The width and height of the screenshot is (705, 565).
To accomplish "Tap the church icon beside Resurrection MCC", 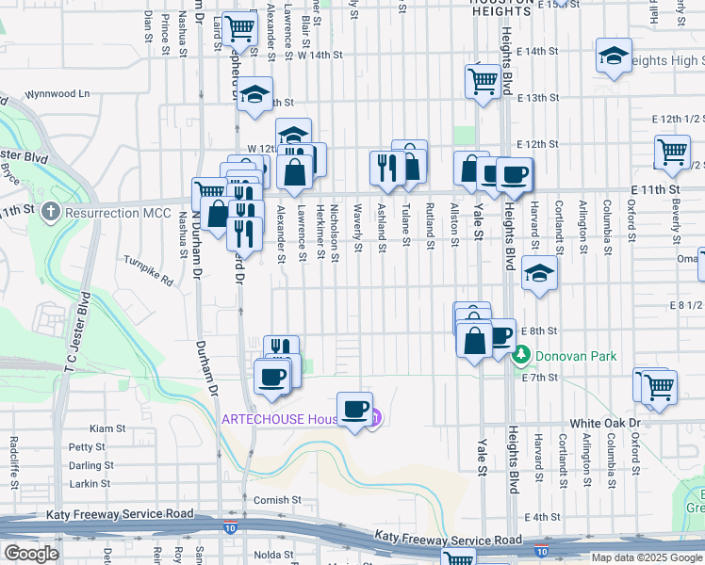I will click(51, 213).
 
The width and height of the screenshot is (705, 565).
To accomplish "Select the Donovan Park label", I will click(576, 356).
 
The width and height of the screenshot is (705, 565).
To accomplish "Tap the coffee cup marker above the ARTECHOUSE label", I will click(355, 409).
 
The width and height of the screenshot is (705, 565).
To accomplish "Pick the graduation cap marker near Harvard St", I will click(538, 274).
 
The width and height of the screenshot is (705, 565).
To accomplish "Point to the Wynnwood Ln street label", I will click(57, 94).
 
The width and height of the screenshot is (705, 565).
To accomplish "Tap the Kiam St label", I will click(108, 428).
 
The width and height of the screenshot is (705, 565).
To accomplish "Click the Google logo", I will click(32, 554).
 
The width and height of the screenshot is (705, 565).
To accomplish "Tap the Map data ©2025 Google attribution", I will click(646, 557).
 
